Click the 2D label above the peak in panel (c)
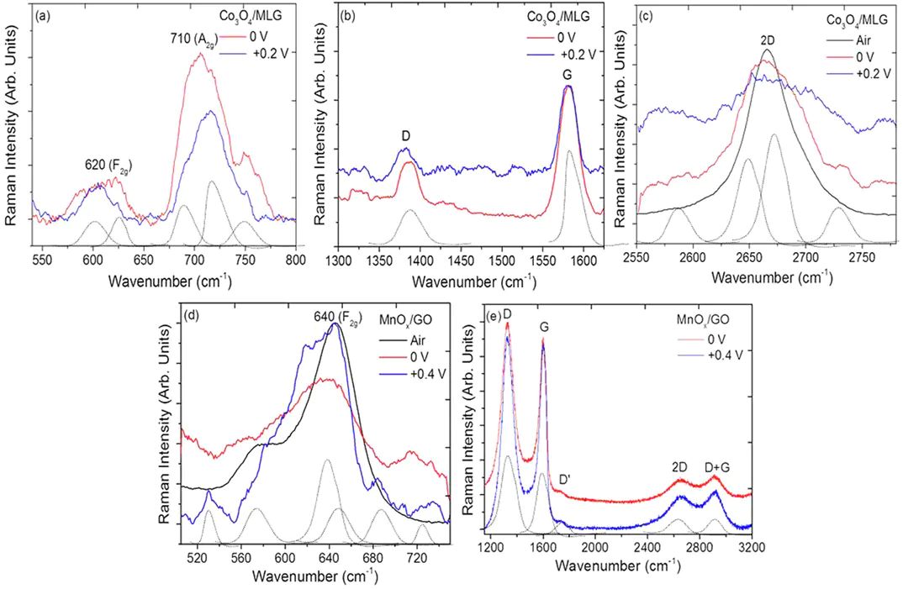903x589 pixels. click(x=767, y=39)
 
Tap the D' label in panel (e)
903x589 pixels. click(x=568, y=479)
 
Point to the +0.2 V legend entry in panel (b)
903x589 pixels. click(x=576, y=55)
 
